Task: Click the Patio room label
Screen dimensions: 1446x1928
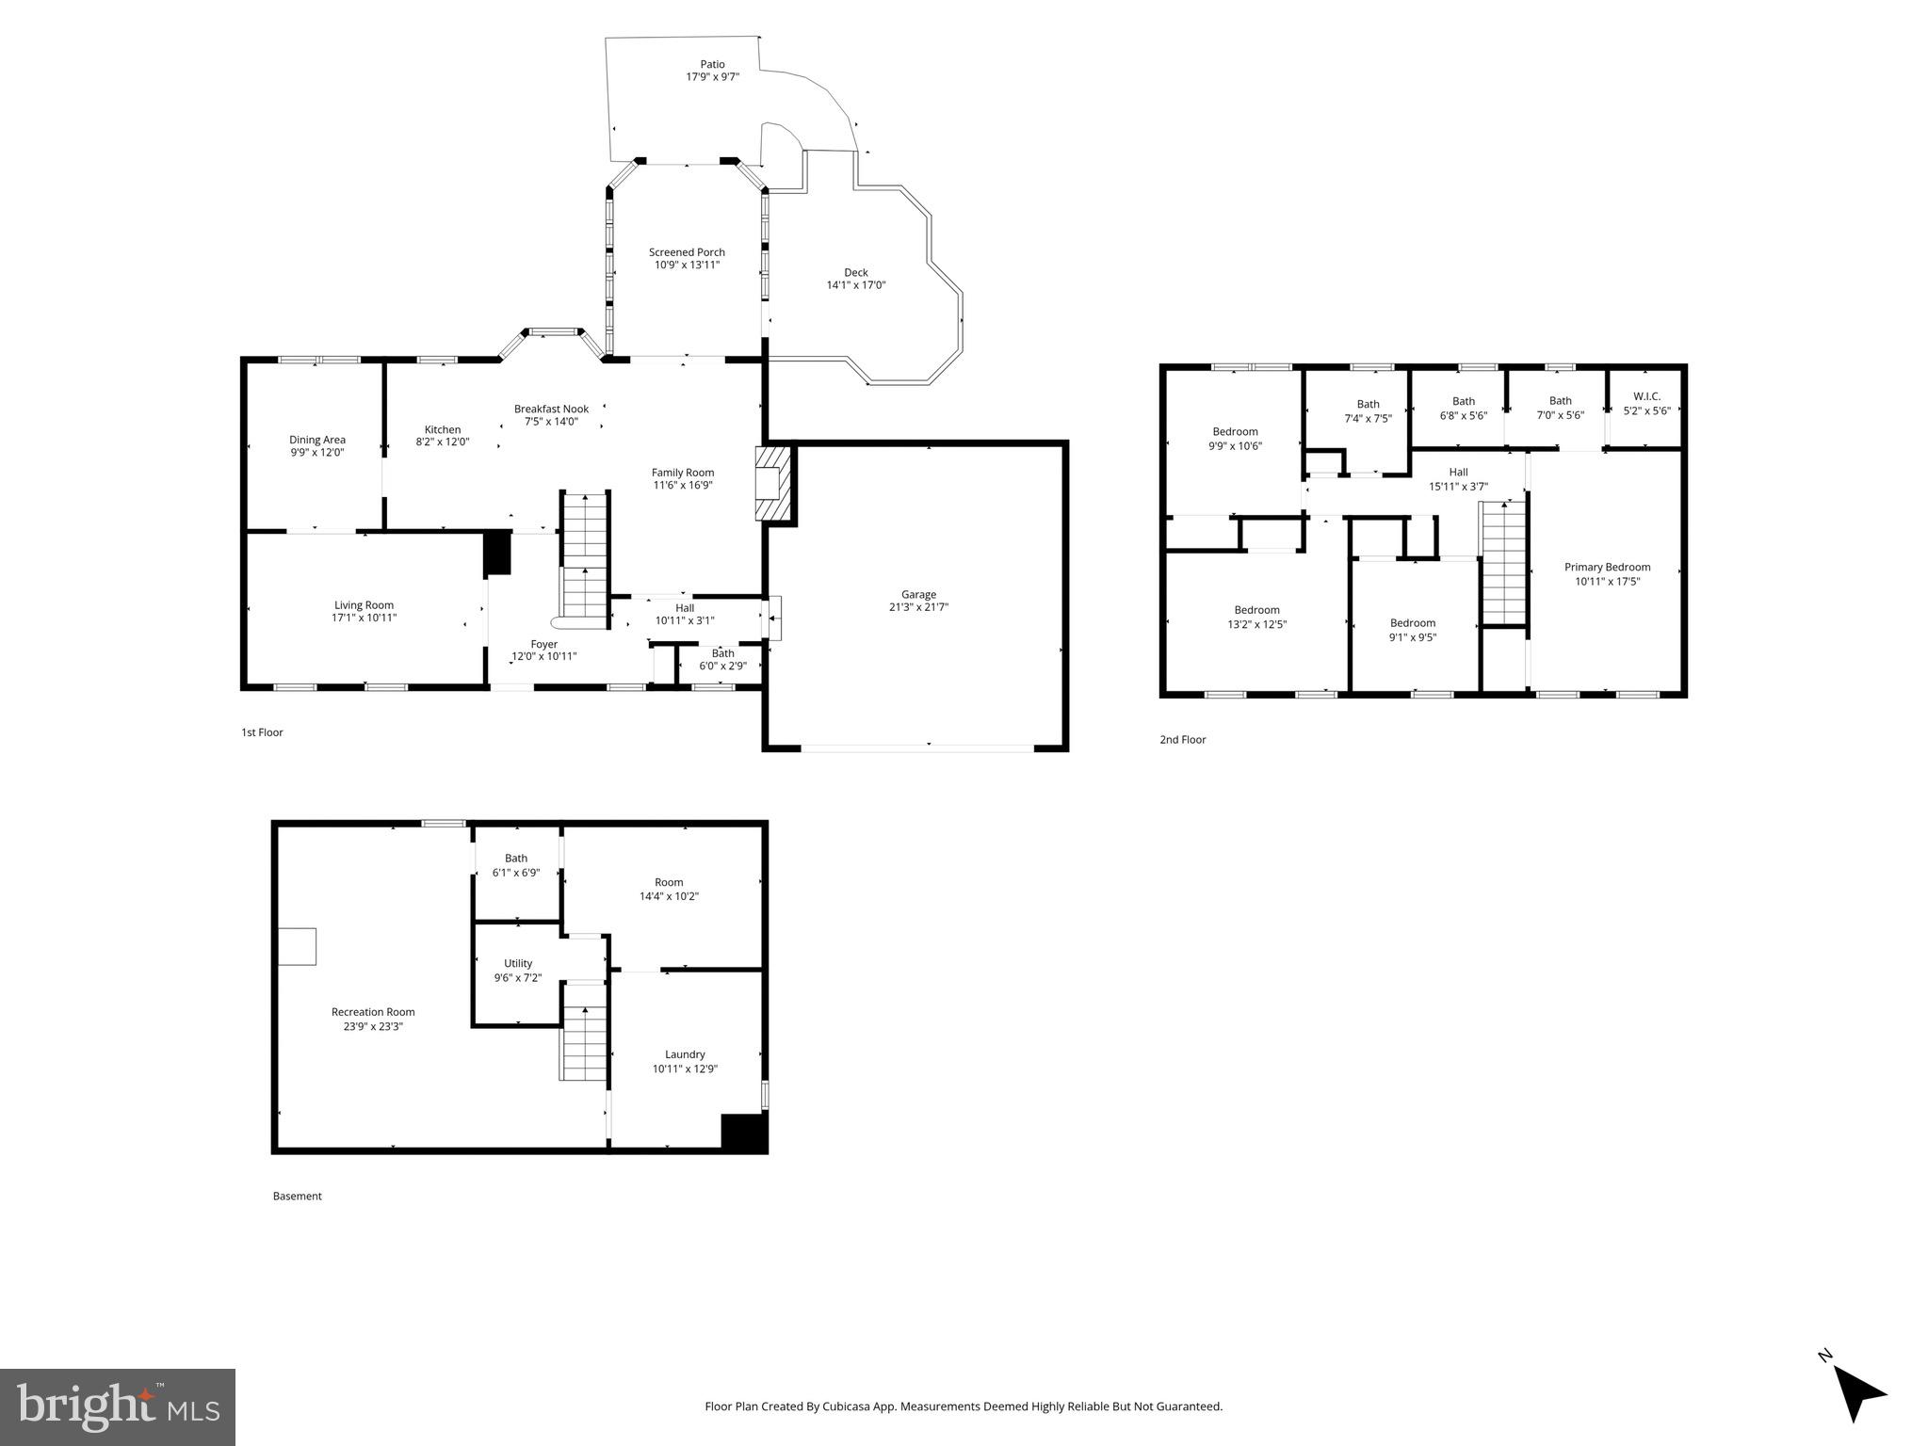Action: pos(712,64)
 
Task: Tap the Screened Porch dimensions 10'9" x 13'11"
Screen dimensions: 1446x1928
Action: pos(687,265)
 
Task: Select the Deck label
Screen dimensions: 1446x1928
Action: pos(855,272)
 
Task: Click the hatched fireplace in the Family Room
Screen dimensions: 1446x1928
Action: pos(774,482)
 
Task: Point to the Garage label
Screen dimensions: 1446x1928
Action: pos(918,594)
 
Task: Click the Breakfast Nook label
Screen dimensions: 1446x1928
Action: pos(551,409)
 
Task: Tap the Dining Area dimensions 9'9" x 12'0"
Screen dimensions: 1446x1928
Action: pos(317,453)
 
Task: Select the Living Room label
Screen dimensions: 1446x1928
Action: pos(364,605)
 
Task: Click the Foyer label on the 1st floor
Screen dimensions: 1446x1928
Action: pos(543,644)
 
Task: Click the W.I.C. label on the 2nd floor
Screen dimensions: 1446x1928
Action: pos(1646,396)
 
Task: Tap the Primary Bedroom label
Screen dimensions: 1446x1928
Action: pos(1607,567)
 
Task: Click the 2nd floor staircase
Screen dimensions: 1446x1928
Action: pos(1503,563)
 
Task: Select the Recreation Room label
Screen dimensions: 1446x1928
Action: pos(373,1012)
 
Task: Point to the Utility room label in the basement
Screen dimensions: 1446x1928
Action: pos(518,963)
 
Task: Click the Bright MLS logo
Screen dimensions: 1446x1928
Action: pos(118,1406)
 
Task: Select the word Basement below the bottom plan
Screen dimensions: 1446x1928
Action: pos(298,1196)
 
